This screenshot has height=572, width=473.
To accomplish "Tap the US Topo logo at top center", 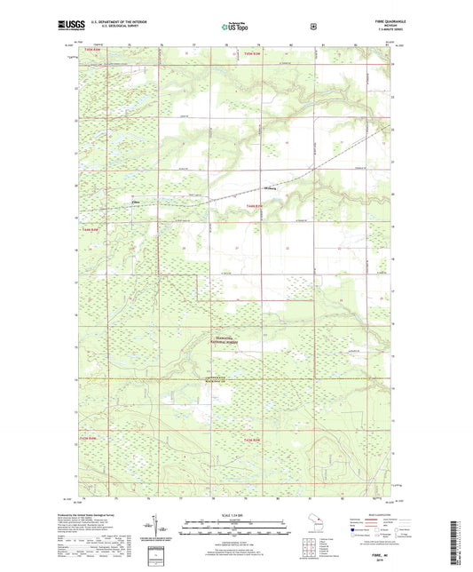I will tap(236, 27).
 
